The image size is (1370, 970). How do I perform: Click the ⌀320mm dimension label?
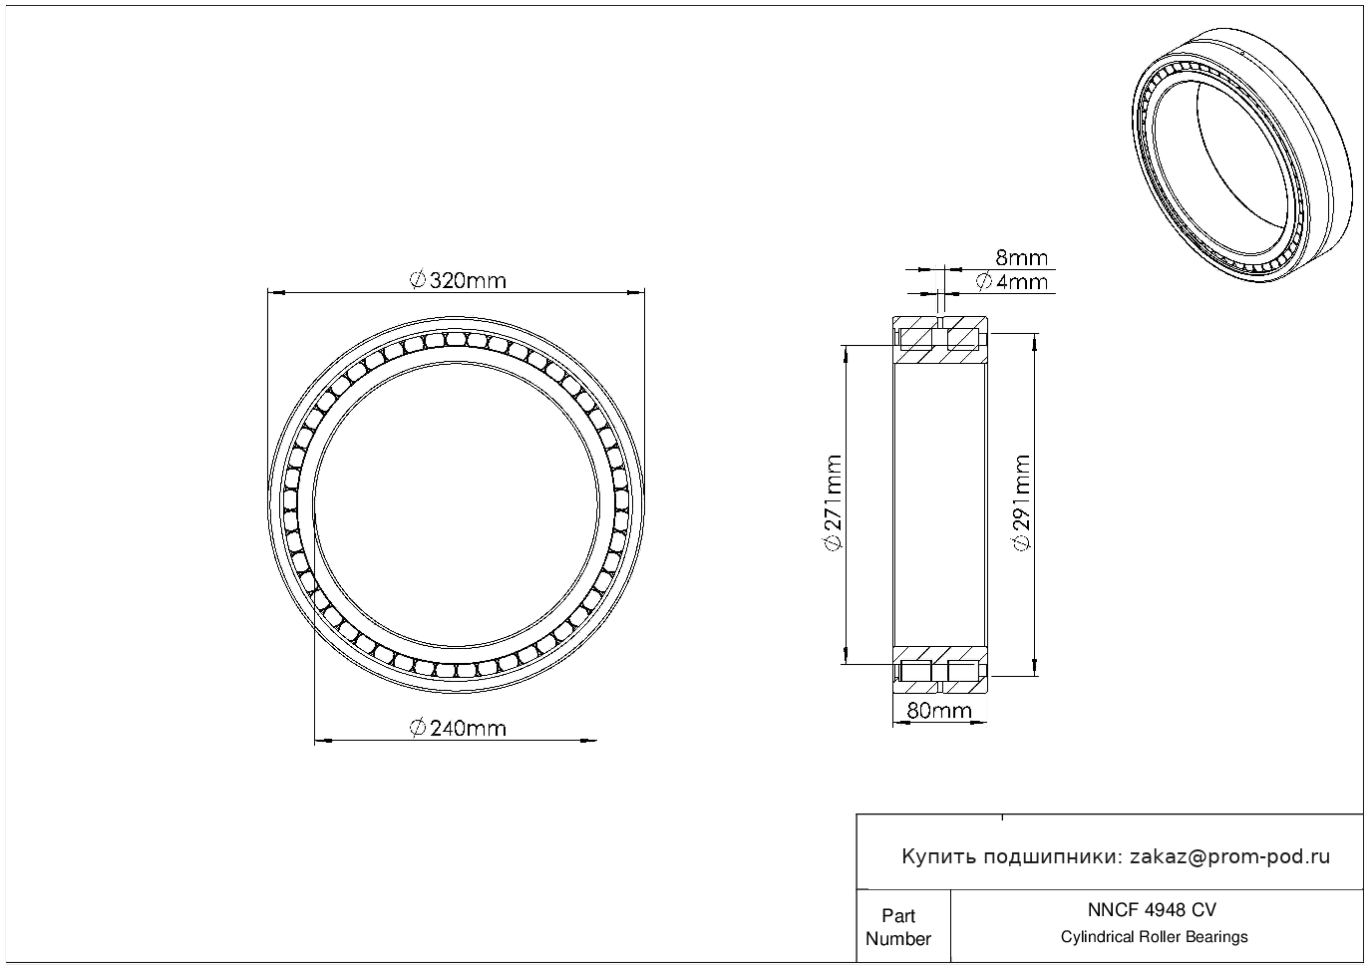click(x=458, y=281)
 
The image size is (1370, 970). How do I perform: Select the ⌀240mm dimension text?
click(x=458, y=729)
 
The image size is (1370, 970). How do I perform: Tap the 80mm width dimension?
click(x=939, y=710)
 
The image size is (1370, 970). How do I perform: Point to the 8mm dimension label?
click(x=1021, y=258)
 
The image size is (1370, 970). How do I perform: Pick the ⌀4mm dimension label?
click(x=1012, y=282)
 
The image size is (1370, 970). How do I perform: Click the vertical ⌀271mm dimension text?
click(x=834, y=502)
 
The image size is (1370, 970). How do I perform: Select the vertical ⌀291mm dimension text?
click(x=1022, y=502)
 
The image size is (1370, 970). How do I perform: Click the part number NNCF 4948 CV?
click(x=1153, y=910)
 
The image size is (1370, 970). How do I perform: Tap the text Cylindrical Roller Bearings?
click(x=1154, y=937)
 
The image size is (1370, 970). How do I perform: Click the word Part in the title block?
click(x=898, y=915)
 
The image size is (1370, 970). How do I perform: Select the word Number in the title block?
click(x=898, y=938)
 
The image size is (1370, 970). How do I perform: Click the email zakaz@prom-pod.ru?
click(x=1230, y=857)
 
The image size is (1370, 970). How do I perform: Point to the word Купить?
click(x=939, y=857)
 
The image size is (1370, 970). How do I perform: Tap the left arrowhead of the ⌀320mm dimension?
click(x=276, y=293)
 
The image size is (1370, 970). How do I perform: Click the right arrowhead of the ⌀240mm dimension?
click(x=588, y=741)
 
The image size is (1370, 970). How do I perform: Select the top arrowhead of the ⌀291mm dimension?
click(x=1034, y=342)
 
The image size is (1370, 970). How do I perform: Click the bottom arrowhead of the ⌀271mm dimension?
click(x=846, y=655)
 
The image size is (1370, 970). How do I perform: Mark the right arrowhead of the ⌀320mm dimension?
click(x=636, y=293)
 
